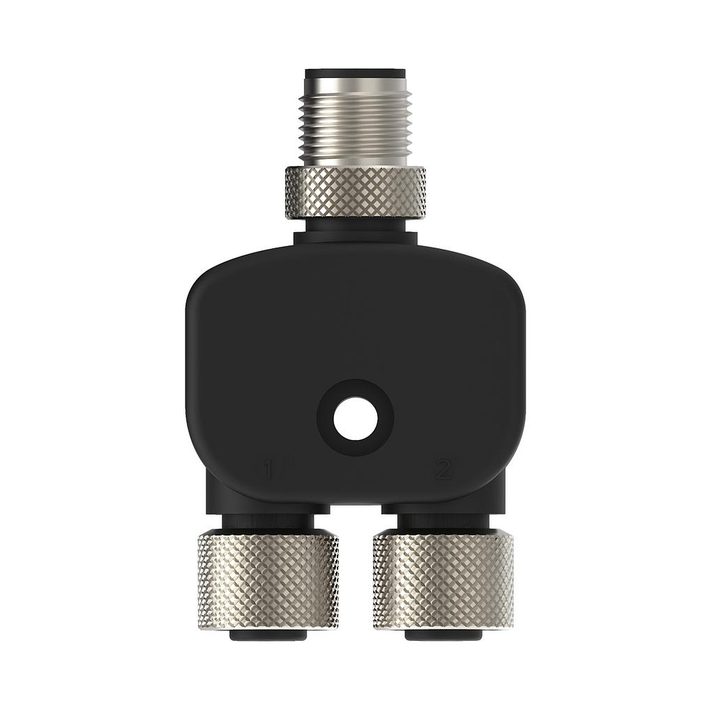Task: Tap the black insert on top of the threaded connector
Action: coord(355,72)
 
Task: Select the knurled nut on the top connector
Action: coord(355,193)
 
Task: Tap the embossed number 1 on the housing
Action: coord(268,470)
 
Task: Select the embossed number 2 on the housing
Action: coord(443,470)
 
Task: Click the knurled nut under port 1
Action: coord(268,582)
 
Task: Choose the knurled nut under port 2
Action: coord(443,582)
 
